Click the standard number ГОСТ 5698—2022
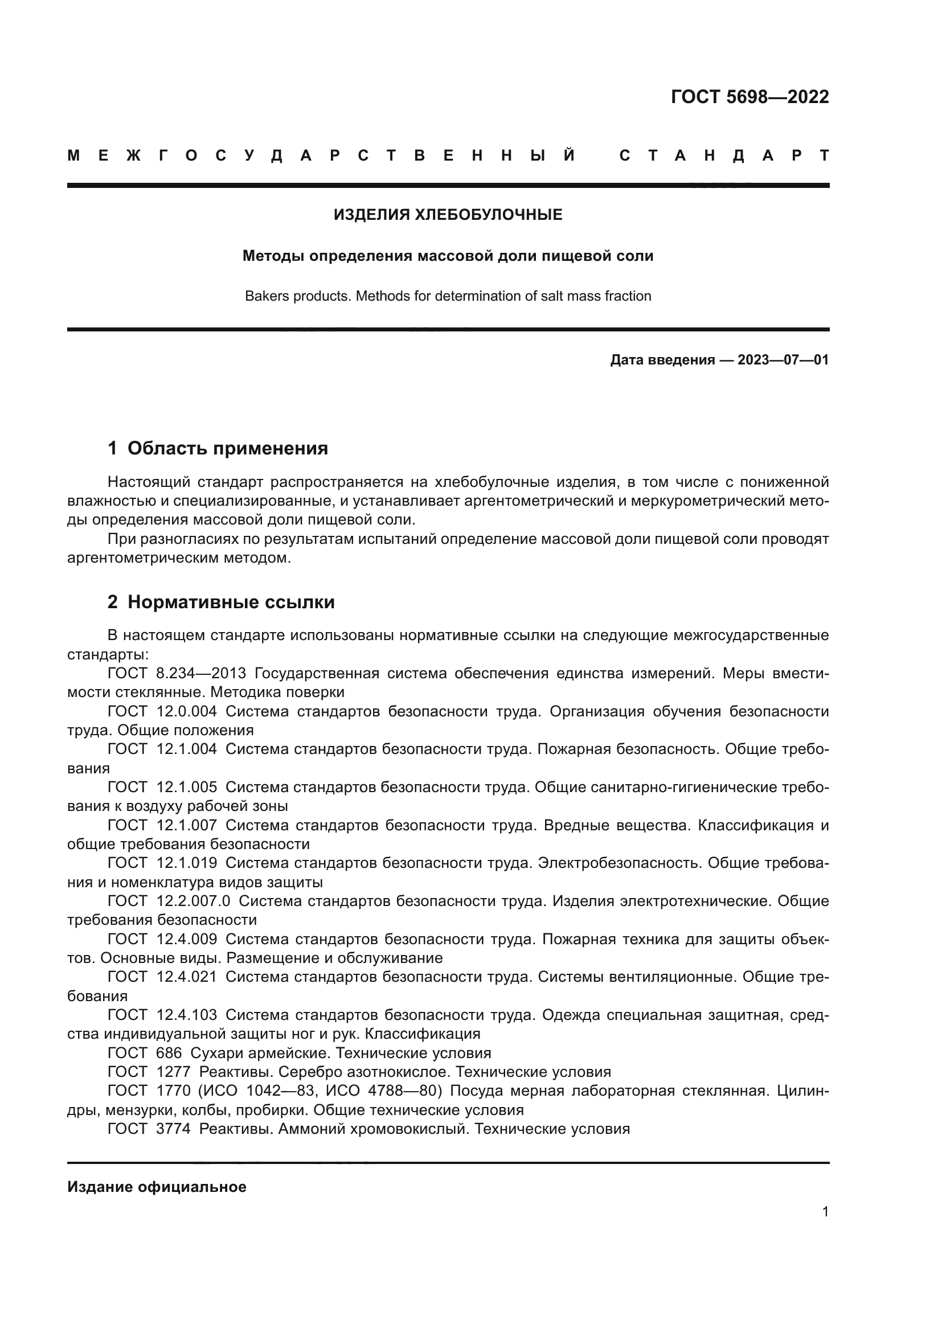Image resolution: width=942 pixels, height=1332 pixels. pyautogui.click(x=749, y=97)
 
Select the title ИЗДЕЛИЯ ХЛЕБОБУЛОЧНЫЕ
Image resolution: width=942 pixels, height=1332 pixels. pyautogui.click(x=447, y=215)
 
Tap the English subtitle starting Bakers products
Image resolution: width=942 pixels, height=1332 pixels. pyautogui.click(x=447, y=297)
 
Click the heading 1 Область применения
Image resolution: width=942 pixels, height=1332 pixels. pyautogui.click(x=218, y=448)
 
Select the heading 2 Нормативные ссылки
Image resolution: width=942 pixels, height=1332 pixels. pyautogui.click(x=221, y=603)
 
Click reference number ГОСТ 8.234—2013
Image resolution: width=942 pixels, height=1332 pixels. pyautogui.click(x=177, y=674)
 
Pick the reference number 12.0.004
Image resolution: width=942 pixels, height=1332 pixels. pyautogui.click(x=187, y=711)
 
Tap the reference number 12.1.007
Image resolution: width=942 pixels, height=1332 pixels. pyautogui.click(x=187, y=825)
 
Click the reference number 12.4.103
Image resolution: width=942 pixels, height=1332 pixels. pyautogui.click(x=187, y=1015)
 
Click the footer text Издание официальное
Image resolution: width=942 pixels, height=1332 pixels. pyautogui.click(x=157, y=1187)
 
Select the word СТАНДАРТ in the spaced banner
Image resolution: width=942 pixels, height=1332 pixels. pyautogui.click(x=724, y=156)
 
